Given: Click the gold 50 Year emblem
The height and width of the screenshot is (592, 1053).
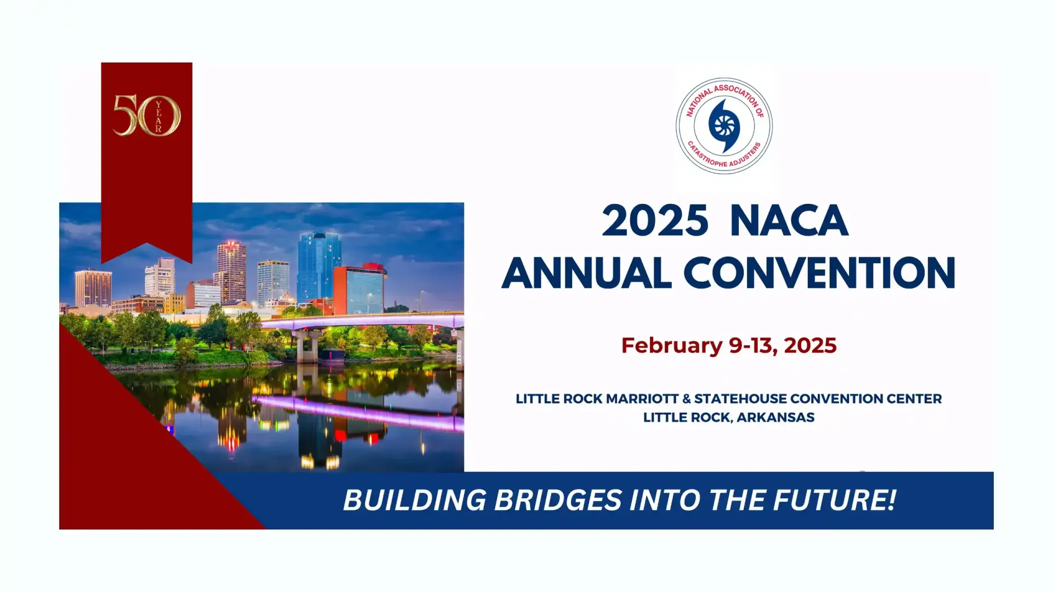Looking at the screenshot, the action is (146, 115).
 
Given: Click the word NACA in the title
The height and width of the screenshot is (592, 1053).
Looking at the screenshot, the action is (789, 221).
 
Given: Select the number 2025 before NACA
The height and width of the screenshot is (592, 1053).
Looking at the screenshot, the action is (655, 221).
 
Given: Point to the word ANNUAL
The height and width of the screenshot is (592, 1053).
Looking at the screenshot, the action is (586, 272).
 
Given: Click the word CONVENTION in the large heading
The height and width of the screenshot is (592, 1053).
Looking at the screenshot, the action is (819, 272).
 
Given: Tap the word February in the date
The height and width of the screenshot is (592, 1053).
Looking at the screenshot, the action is (672, 346).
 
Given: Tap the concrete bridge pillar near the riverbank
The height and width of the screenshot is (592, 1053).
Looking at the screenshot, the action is (307, 345).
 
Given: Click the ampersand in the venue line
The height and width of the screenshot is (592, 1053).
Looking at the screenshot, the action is (686, 399).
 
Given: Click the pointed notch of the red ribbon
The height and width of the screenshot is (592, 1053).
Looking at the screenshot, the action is (146, 243).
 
